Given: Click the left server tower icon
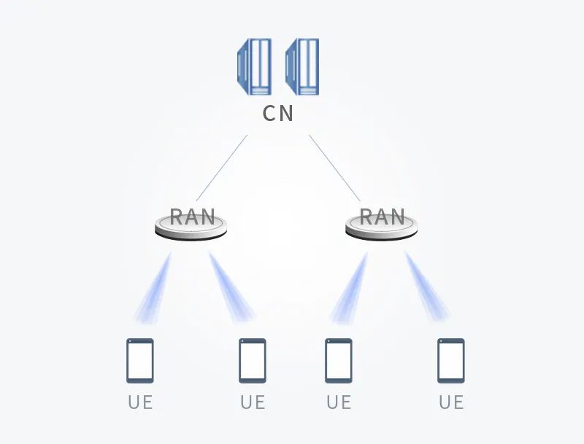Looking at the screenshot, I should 254,66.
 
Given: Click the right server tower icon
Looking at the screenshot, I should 302,66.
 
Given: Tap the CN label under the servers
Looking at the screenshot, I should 278,114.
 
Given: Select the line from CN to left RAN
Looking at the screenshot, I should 221,168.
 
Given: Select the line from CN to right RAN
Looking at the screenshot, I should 335,168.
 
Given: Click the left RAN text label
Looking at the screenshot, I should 192,217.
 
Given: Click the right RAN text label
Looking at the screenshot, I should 382,217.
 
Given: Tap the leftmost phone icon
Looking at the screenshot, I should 140,360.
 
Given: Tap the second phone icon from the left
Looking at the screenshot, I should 253,360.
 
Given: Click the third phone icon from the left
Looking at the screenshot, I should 339,360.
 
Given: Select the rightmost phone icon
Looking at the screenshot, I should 451,360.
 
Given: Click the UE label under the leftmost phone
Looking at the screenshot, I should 140,402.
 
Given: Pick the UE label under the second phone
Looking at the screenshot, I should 253,402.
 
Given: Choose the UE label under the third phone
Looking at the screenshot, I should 339,402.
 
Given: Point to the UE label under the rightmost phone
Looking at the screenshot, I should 451,402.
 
